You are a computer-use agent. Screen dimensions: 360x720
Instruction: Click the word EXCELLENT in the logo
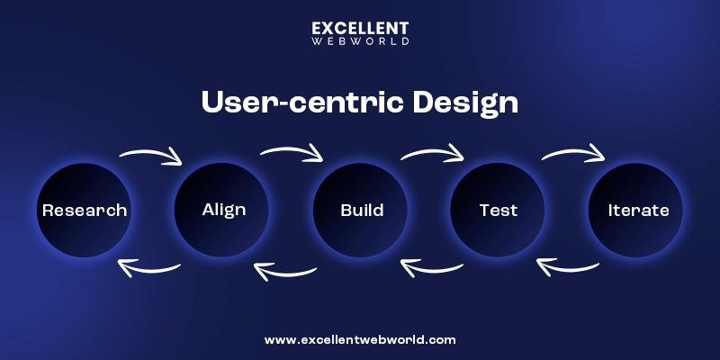(x=360, y=28)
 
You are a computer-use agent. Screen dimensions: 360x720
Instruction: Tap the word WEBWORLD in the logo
(x=360, y=40)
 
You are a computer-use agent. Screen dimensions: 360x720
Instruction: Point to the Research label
(x=85, y=211)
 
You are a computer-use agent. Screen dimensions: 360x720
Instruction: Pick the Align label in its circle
(x=223, y=210)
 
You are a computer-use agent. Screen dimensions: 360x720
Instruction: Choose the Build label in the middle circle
(x=362, y=211)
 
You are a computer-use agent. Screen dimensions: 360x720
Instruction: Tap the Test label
(x=499, y=211)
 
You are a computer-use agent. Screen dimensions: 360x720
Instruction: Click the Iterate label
(x=638, y=211)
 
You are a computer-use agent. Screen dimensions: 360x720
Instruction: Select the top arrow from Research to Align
(x=151, y=156)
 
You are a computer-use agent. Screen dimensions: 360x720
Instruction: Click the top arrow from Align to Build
(x=292, y=153)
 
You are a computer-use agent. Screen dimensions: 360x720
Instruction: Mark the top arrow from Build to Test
(x=432, y=154)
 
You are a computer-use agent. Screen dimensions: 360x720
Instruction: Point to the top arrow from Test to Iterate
(x=573, y=153)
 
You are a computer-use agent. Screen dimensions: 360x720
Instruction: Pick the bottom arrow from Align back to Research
(x=149, y=267)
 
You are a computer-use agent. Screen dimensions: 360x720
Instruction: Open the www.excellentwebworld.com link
(x=360, y=340)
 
